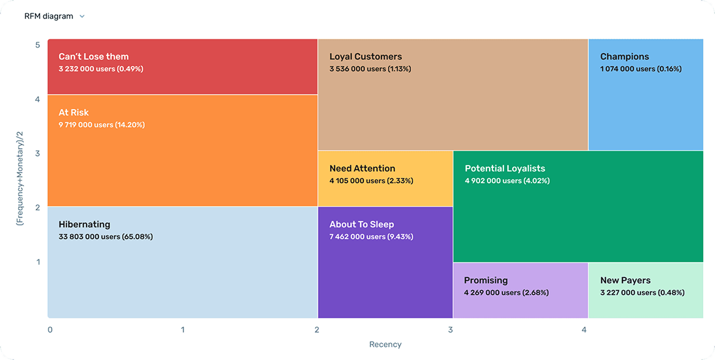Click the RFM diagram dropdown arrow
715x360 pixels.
click(x=82, y=16)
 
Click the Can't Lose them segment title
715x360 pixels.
click(x=93, y=56)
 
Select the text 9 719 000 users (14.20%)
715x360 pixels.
click(x=102, y=125)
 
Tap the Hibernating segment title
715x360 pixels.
click(x=84, y=224)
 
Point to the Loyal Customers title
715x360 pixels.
click(x=365, y=56)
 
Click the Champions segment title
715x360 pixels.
click(x=624, y=56)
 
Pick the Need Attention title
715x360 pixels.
click(x=362, y=168)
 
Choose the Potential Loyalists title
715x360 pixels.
click(x=505, y=168)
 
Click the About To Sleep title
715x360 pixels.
click(x=362, y=224)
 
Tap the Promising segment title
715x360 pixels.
click(x=486, y=280)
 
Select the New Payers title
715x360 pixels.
click(x=625, y=280)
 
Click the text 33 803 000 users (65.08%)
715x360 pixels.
click(x=106, y=237)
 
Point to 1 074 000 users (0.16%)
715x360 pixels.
click(x=641, y=69)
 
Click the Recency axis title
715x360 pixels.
click(x=385, y=344)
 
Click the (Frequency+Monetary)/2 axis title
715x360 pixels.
click(x=19, y=178)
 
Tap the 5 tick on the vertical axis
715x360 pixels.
click(x=37, y=45)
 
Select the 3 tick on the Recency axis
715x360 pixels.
click(x=450, y=330)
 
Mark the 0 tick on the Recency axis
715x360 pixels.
click(x=50, y=330)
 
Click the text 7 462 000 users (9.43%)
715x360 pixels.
click(x=371, y=237)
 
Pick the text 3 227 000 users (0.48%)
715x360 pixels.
click(x=642, y=293)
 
